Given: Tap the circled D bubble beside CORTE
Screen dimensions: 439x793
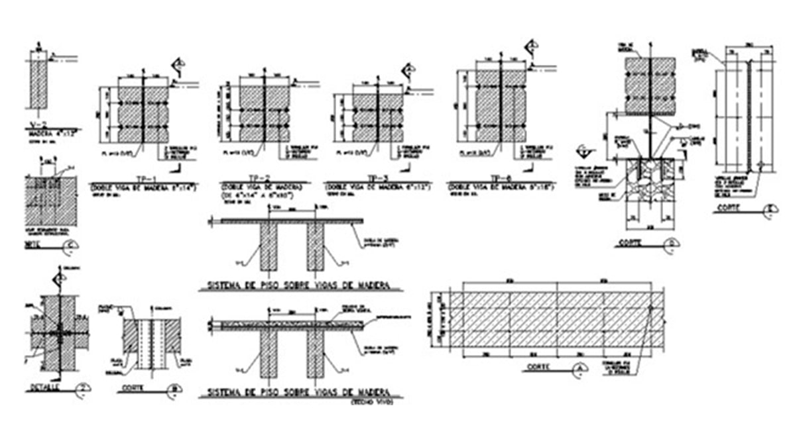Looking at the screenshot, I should click(x=672, y=244).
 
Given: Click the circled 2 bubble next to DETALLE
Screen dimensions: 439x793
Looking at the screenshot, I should click(x=82, y=389).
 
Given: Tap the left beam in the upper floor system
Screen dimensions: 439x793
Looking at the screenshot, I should click(x=269, y=246).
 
